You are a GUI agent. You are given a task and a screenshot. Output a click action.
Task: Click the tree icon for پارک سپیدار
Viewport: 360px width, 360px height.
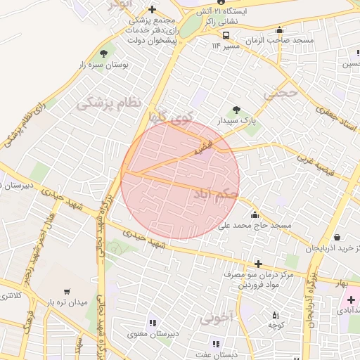tap(236, 110)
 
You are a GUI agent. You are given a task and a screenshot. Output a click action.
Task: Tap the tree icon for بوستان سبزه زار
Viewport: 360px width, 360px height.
tap(105, 53)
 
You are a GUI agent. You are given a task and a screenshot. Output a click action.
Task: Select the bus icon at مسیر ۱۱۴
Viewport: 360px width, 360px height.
tap(226, 35)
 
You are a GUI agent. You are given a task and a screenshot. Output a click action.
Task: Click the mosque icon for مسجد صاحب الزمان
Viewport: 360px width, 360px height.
tap(280, 30)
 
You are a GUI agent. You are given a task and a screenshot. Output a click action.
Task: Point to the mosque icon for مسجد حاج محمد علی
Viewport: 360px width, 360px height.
tap(254, 214)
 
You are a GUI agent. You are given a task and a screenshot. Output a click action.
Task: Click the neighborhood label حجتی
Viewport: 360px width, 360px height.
tap(281, 93)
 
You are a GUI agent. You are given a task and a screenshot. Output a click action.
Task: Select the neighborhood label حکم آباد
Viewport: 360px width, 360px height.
tap(215, 192)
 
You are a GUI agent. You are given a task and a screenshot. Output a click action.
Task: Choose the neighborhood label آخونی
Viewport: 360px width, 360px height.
tap(215, 319)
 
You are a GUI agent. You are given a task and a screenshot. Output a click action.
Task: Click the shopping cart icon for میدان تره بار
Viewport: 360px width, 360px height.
tap(67, 291)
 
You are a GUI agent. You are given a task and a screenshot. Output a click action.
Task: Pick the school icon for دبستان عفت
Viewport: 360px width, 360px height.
tap(215, 344)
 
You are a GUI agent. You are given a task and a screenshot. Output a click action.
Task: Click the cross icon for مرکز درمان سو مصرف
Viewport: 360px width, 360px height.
tap(259, 264)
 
